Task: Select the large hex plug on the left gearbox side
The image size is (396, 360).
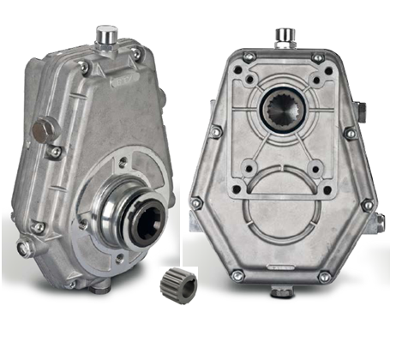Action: (40, 131)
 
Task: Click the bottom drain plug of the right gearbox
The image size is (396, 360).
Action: (280, 292)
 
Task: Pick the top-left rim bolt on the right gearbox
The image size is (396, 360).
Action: (249, 57)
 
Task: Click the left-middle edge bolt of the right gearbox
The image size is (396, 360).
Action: (217, 133)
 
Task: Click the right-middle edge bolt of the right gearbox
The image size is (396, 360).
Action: (350, 133)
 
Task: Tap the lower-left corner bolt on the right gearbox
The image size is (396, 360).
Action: (197, 204)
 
